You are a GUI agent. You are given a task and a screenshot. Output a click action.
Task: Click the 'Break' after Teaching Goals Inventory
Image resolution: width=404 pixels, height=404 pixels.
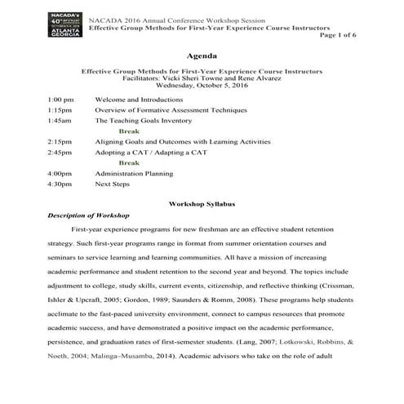pos(129,131)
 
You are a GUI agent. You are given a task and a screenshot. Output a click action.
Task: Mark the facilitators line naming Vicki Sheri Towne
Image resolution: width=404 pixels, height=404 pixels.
pos(202,78)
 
